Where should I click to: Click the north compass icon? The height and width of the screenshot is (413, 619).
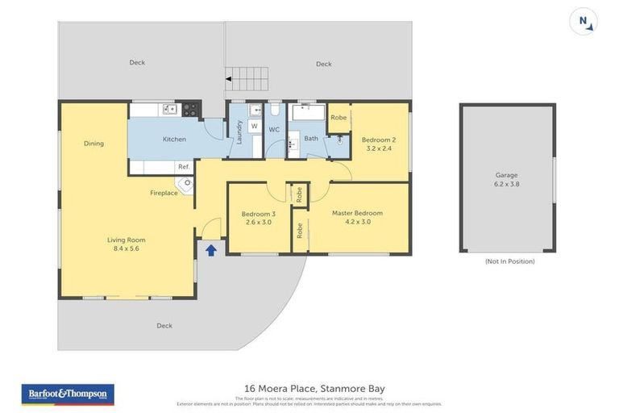(x=584, y=22)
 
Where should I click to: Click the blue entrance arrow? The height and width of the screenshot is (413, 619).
(x=211, y=250)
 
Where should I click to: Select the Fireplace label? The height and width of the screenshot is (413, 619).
(x=164, y=193)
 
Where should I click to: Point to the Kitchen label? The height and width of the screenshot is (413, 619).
(x=174, y=140)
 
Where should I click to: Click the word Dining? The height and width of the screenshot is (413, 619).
(x=93, y=144)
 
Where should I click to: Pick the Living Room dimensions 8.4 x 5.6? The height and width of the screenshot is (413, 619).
(x=127, y=248)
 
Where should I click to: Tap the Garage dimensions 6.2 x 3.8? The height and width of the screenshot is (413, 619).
(x=506, y=184)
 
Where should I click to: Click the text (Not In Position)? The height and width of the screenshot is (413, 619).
(x=509, y=261)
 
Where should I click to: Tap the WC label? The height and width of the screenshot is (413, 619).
(x=274, y=129)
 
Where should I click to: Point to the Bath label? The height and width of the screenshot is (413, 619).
(x=311, y=139)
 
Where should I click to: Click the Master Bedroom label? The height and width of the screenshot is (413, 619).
(x=357, y=213)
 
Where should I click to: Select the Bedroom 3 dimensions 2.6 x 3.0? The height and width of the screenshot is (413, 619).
(x=258, y=222)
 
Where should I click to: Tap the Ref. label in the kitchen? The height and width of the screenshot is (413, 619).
(x=184, y=167)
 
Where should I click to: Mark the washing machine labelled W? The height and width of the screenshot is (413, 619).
(x=254, y=127)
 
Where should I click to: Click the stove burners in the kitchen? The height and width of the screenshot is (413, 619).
(x=190, y=108)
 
